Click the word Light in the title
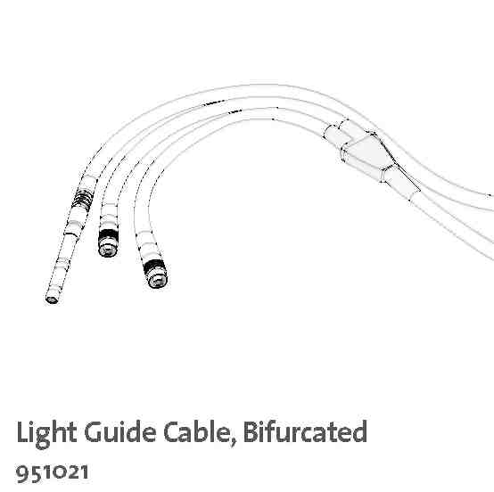coord(46,432)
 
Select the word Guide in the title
coord(120,431)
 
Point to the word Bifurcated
coord(305,431)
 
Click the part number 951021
coord(53,473)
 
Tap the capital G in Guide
coord(95,432)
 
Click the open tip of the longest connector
coord(52,299)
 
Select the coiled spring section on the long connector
coord(83,197)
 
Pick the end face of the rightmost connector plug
coord(157,280)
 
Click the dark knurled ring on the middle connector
coord(108,236)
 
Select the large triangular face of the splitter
coord(369,152)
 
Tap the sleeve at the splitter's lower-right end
coord(400,183)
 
